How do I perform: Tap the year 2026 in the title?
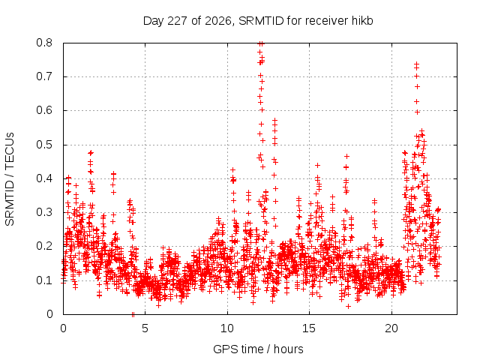[218, 21]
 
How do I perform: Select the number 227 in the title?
[178, 21]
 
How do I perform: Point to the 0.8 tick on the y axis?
[44, 43]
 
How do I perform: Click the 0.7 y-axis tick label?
[44, 76]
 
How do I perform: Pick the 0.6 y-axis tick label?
[44, 110]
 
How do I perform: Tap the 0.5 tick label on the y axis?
[44, 145]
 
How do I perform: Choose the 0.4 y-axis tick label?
[44, 178]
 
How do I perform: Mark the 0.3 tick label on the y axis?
[44, 212]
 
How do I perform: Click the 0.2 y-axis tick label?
[44, 246]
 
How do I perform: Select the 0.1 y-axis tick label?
[44, 280]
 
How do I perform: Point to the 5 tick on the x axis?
[145, 328]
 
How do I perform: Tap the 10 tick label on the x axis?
[227, 328]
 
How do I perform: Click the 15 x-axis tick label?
[309, 328]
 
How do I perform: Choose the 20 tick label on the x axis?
[391, 328]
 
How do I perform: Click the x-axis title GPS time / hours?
[258, 349]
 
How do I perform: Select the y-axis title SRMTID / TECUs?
[10, 179]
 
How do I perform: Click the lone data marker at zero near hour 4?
[133, 314]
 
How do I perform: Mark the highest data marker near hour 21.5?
[417, 64]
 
